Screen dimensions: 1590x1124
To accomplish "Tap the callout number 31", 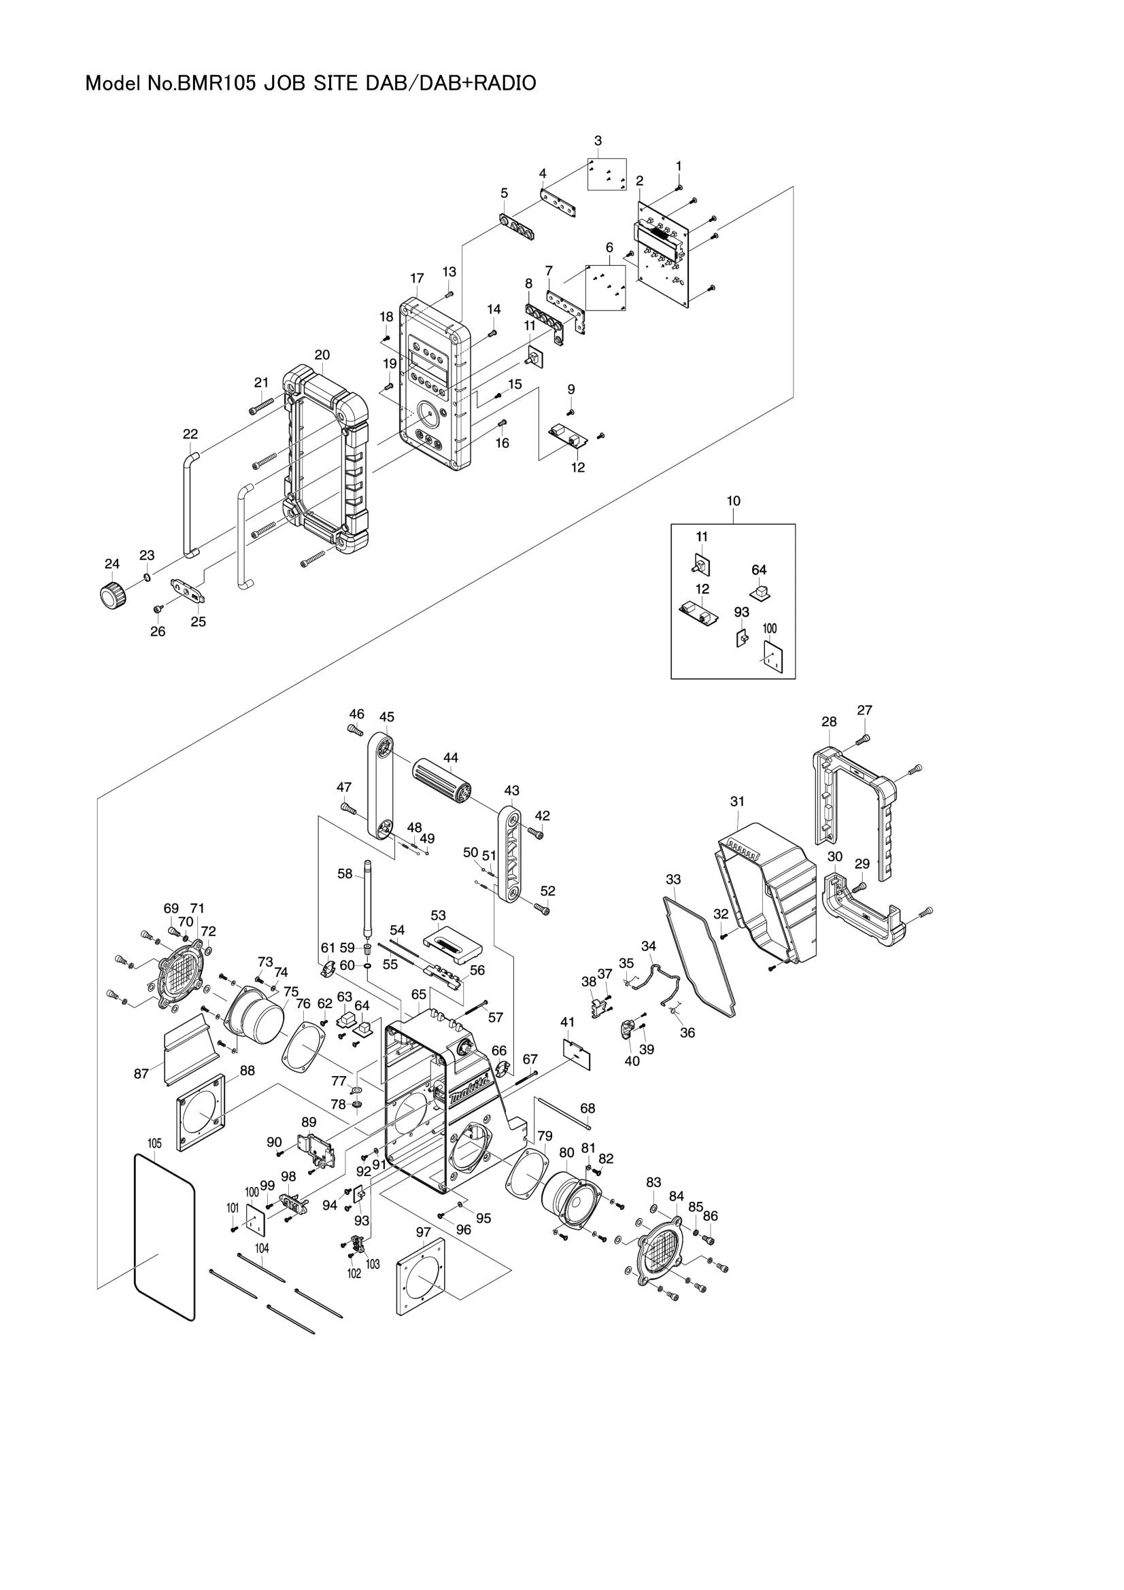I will click(737, 801).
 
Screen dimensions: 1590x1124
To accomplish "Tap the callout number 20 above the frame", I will click(322, 356).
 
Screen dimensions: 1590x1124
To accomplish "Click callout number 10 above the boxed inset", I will click(734, 501).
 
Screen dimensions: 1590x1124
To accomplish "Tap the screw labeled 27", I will click(862, 740).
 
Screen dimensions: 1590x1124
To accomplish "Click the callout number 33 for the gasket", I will click(673, 880).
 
